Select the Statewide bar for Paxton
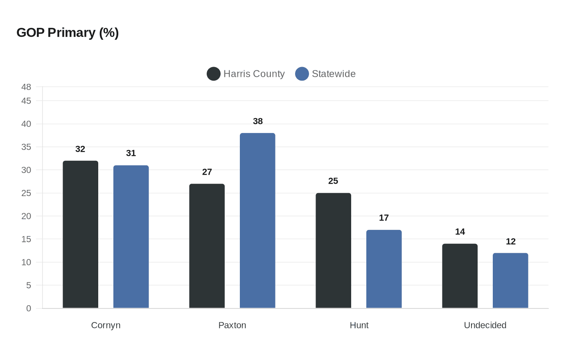(257, 220)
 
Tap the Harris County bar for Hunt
(333, 250)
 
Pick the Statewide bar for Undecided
(510, 281)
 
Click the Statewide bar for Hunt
(384, 269)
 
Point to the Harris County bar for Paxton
(207, 246)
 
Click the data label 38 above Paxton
(258, 121)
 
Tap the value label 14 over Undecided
(460, 232)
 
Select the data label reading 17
(384, 218)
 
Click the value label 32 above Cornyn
(80, 149)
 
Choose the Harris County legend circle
(214, 74)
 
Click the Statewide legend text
(334, 74)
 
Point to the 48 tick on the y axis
(26, 87)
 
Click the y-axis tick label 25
(26, 193)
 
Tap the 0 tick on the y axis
(29, 308)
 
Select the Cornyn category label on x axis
(106, 325)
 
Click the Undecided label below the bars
(485, 325)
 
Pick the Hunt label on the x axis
(359, 325)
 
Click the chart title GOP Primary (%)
(68, 33)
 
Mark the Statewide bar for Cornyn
(131, 237)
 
